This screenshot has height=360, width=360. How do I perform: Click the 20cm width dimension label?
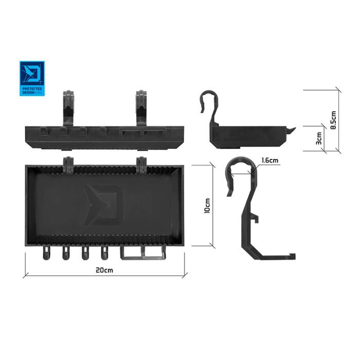point(104,270)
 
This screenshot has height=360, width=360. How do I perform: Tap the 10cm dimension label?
point(207,206)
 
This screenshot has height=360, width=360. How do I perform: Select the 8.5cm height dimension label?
point(333,120)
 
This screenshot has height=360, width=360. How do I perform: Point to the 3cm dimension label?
point(319,138)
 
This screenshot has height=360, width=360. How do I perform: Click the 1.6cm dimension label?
point(270,160)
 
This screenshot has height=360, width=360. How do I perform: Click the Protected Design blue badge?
point(32,79)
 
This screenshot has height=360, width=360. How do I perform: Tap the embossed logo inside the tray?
point(104,205)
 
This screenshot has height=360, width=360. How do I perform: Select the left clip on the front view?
point(68,108)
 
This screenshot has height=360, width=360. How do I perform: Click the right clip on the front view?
point(141,108)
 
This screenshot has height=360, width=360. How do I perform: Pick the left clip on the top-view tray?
point(68,165)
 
